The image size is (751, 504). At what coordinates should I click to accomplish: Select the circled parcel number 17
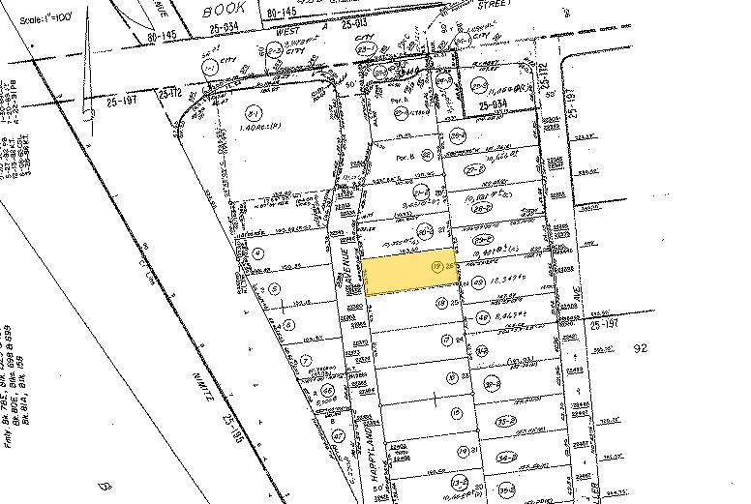click(445, 339)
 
